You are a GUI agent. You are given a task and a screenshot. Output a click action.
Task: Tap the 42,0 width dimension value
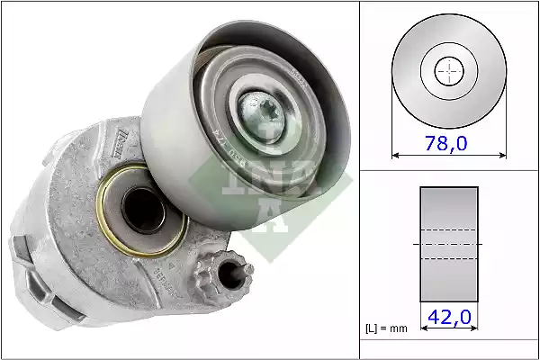(449, 317)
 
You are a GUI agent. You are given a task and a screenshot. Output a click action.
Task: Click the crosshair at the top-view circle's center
(449, 72)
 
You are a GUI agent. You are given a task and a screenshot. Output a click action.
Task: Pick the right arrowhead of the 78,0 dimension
(503, 156)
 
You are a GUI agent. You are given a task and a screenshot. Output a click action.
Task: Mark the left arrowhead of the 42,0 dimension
(423, 329)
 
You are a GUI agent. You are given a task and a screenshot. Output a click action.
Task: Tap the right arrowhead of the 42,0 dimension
(475, 329)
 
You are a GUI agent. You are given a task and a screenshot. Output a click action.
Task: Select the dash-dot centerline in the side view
(449, 244)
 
